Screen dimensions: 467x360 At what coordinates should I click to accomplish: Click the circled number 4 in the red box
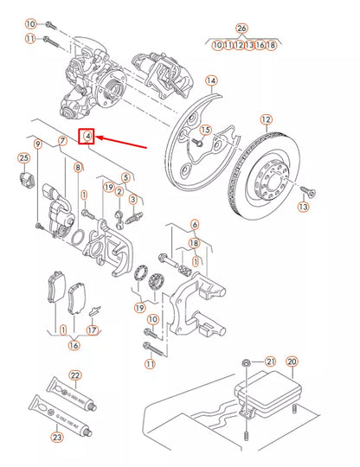tap(87, 137)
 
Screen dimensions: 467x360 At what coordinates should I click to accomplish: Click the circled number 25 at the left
tap(23, 157)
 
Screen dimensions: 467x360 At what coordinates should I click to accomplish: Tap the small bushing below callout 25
tap(25, 179)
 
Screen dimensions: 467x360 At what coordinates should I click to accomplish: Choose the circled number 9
tap(37, 142)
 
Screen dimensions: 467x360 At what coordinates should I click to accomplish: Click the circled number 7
tap(61, 142)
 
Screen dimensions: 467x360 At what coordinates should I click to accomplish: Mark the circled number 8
tap(78, 167)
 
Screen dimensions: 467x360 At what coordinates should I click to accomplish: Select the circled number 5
tap(125, 178)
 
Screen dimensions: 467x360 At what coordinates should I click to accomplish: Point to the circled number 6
tap(195, 225)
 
